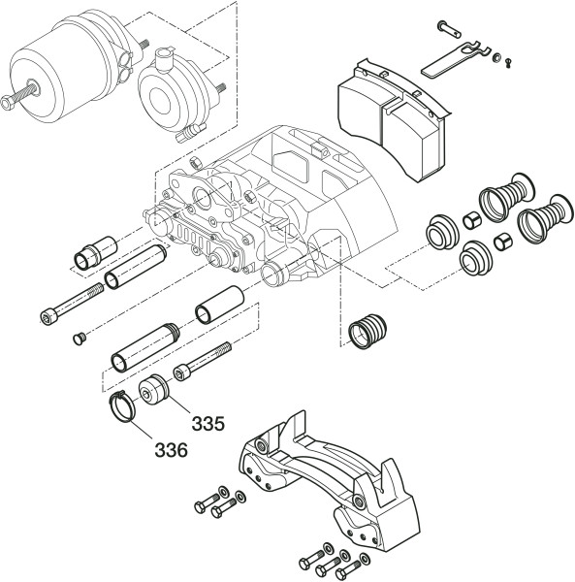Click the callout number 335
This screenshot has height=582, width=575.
tap(208, 424)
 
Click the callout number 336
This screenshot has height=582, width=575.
tap(171, 450)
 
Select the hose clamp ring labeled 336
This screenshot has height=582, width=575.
tap(122, 407)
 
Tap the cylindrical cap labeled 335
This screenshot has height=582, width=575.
tap(154, 390)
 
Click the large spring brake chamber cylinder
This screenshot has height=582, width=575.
tap(71, 67)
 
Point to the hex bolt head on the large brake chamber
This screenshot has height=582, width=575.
tap(8, 103)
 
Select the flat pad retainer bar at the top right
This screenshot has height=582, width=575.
tap(456, 59)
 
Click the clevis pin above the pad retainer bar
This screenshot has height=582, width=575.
tap(449, 29)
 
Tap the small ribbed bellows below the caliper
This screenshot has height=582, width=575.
tap(367, 332)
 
